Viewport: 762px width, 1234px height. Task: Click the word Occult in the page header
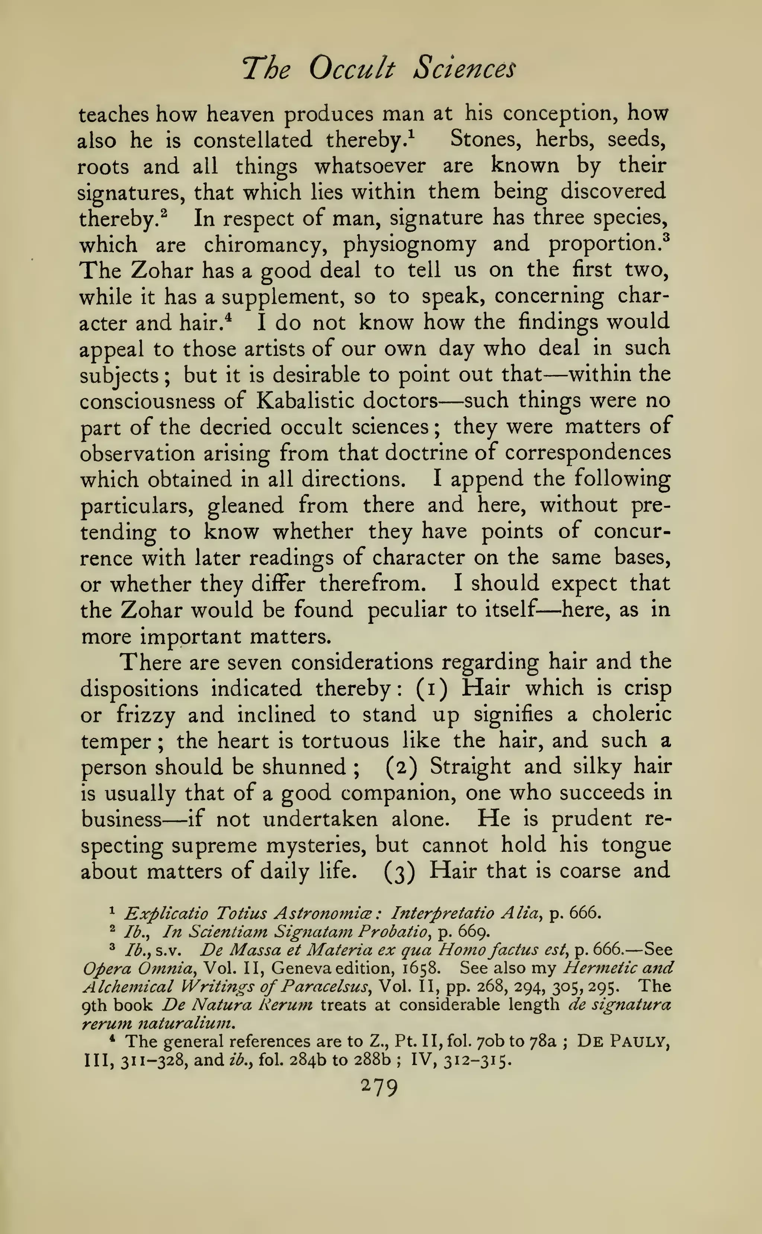(351, 68)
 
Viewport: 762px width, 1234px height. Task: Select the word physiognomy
(409, 245)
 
